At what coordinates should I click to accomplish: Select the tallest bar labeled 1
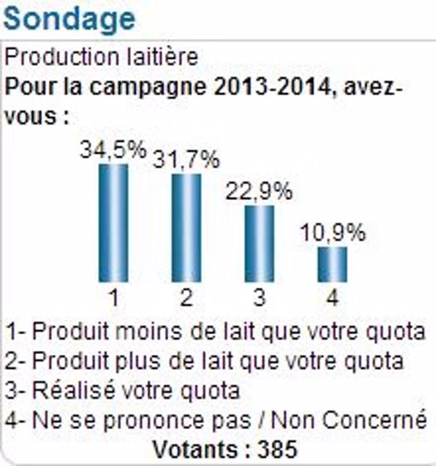pyautogui.click(x=114, y=223)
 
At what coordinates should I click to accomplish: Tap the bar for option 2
pyautogui.click(x=187, y=228)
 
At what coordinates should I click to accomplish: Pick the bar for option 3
pyautogui.click(x=259, y=244)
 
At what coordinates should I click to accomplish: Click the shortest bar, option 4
pyautogui.click(x=332, y=265)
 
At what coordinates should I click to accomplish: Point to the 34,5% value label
pyautogui.click(x=114, y=150)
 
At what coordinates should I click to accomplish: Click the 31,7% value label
pyautogui.click(x=187, y=159)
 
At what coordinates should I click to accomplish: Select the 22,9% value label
pyautogui.click(x=259, y=192)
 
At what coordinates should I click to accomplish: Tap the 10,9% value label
pyautogui.click(x=332, y=233)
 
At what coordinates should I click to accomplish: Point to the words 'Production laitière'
pyautogui.click(x=102, y=57)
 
